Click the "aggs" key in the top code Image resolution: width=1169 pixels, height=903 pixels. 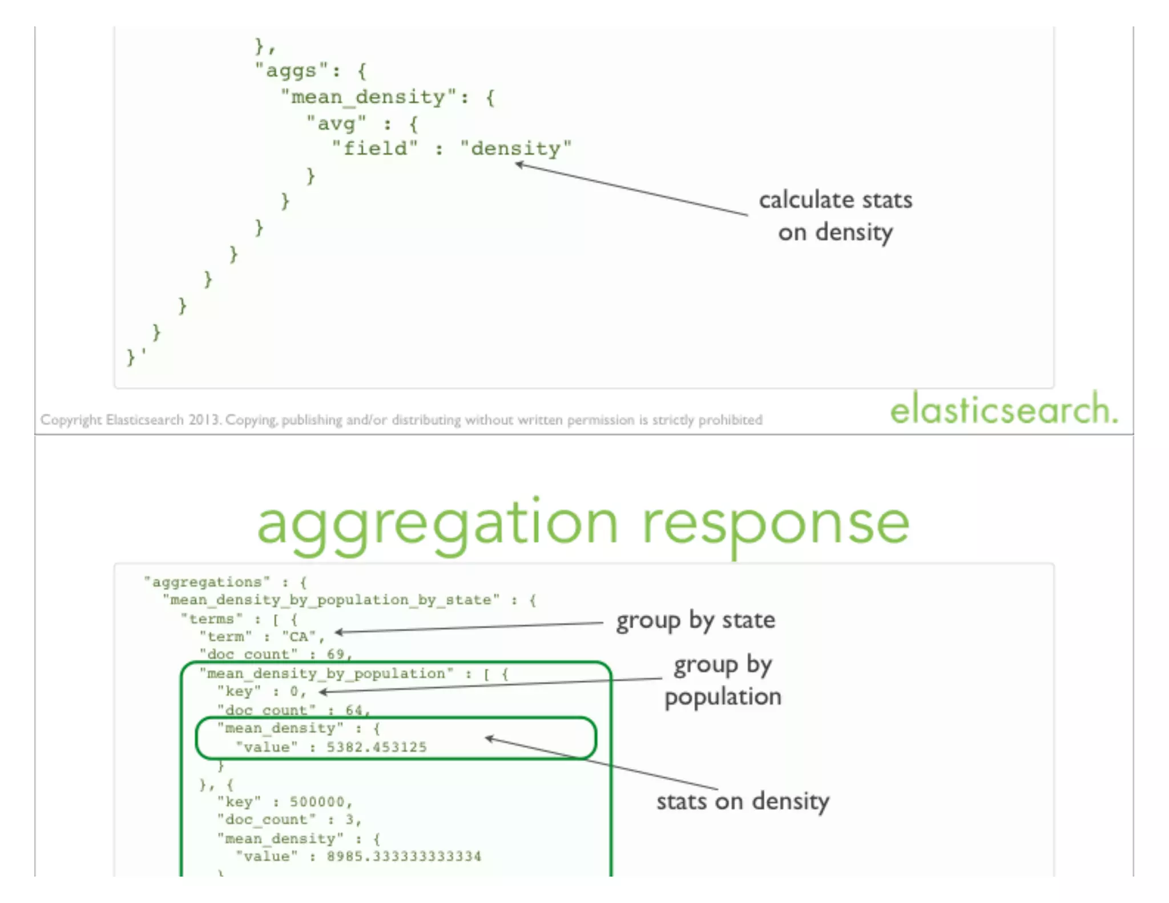point(291,71)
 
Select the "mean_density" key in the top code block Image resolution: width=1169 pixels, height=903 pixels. point(369,98)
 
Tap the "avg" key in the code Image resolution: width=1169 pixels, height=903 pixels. point(336,124)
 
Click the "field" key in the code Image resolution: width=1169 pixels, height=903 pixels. point(375,150)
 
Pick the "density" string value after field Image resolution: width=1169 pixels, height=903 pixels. point(515,150)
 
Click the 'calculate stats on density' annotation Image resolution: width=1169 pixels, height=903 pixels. point(835,216)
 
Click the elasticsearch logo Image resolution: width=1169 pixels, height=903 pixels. point(1003,410)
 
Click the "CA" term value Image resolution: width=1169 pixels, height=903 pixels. point(299,637)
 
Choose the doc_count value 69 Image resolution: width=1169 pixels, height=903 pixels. point(336,654)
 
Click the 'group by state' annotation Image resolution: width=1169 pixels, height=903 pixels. point(695,620)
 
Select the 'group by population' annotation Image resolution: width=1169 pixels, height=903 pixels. point(723,681)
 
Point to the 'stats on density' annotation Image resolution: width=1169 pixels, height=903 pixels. point(742,802)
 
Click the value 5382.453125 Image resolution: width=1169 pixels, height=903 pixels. point(377,747)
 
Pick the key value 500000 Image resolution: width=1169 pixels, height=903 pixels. point(317,802)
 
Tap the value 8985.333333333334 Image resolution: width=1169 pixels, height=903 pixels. point(404,856)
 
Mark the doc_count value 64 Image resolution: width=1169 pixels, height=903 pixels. point(354,711)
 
